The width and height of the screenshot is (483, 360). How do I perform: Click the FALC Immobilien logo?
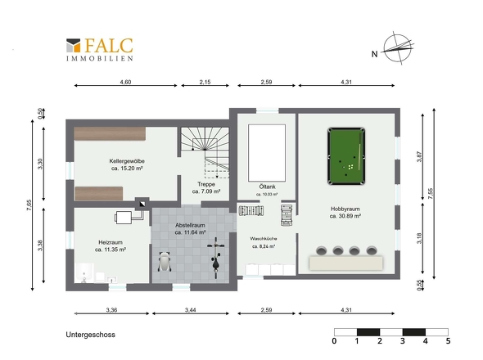(x=100, y=50)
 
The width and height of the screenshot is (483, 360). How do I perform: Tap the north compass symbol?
(x=397, y=48)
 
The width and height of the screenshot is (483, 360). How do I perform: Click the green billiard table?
(x=346, y=156)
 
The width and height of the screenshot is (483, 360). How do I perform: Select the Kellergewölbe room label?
(x=127, y=161)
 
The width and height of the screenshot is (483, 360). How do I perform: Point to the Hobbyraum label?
(x=345, y=209)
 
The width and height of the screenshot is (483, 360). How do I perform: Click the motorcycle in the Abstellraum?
(x=216, y=257)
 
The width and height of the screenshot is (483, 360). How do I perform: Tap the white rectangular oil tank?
(x=267, y=153)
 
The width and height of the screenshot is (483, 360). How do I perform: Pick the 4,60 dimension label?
(x=126, y=82)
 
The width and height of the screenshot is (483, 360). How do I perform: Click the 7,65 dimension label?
(x=29, y=205)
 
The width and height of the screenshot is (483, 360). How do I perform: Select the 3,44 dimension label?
(x=191, y=310)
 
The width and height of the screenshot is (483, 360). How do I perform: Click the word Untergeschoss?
(x=91, y=335)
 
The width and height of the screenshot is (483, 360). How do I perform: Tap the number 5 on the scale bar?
(x=448, y=341)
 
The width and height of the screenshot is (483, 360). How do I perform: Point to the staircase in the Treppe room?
(x=205, y=153)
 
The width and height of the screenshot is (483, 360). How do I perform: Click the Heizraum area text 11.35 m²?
(x=111, y=250)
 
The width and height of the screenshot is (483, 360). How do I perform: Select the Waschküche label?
(x=264, y=239)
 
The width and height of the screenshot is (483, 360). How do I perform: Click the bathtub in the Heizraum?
(x=84, y=272)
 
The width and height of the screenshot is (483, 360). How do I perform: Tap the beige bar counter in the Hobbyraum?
(x=346, y=263)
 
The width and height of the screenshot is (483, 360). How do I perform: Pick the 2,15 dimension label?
(x=205, y=82)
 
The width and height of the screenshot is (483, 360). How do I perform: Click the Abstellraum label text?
(x=190, y=225)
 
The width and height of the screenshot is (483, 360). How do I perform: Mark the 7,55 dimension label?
(x=431, y=194)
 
